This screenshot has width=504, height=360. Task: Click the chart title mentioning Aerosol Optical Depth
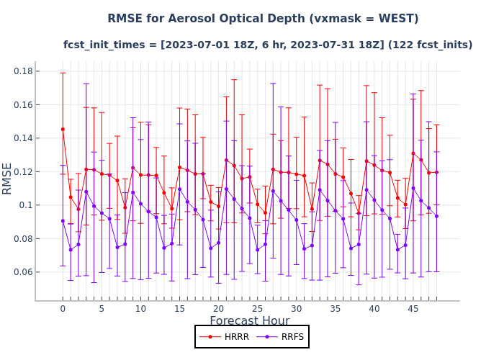click(263, 19)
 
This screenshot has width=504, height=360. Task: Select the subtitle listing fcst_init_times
click(268, 45)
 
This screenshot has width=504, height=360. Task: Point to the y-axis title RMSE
click(8, 178)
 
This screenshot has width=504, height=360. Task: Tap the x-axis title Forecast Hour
click(249, 321)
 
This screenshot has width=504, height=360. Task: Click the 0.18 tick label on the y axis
click(22, 71)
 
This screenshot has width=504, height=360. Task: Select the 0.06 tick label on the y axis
click(22, 272)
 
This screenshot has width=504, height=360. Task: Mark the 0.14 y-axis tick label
click(22, 138)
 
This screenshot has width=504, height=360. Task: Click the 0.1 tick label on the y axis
click(26, 205)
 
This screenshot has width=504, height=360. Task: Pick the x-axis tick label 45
click(413, 309)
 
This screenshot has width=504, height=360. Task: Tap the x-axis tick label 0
click(63, 309)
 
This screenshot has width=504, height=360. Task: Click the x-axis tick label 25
click(257, 309)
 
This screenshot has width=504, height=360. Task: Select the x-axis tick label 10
click(140, 309)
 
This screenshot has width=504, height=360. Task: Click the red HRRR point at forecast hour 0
click(63, 129)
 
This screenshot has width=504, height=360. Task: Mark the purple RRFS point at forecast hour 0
click(63, 221)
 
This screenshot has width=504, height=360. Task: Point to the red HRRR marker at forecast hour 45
click(413, 153)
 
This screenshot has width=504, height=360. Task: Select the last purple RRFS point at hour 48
click(436, 216)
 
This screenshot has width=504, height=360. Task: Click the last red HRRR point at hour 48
click(436, 172)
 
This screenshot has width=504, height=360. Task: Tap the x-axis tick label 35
click(335, 309)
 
